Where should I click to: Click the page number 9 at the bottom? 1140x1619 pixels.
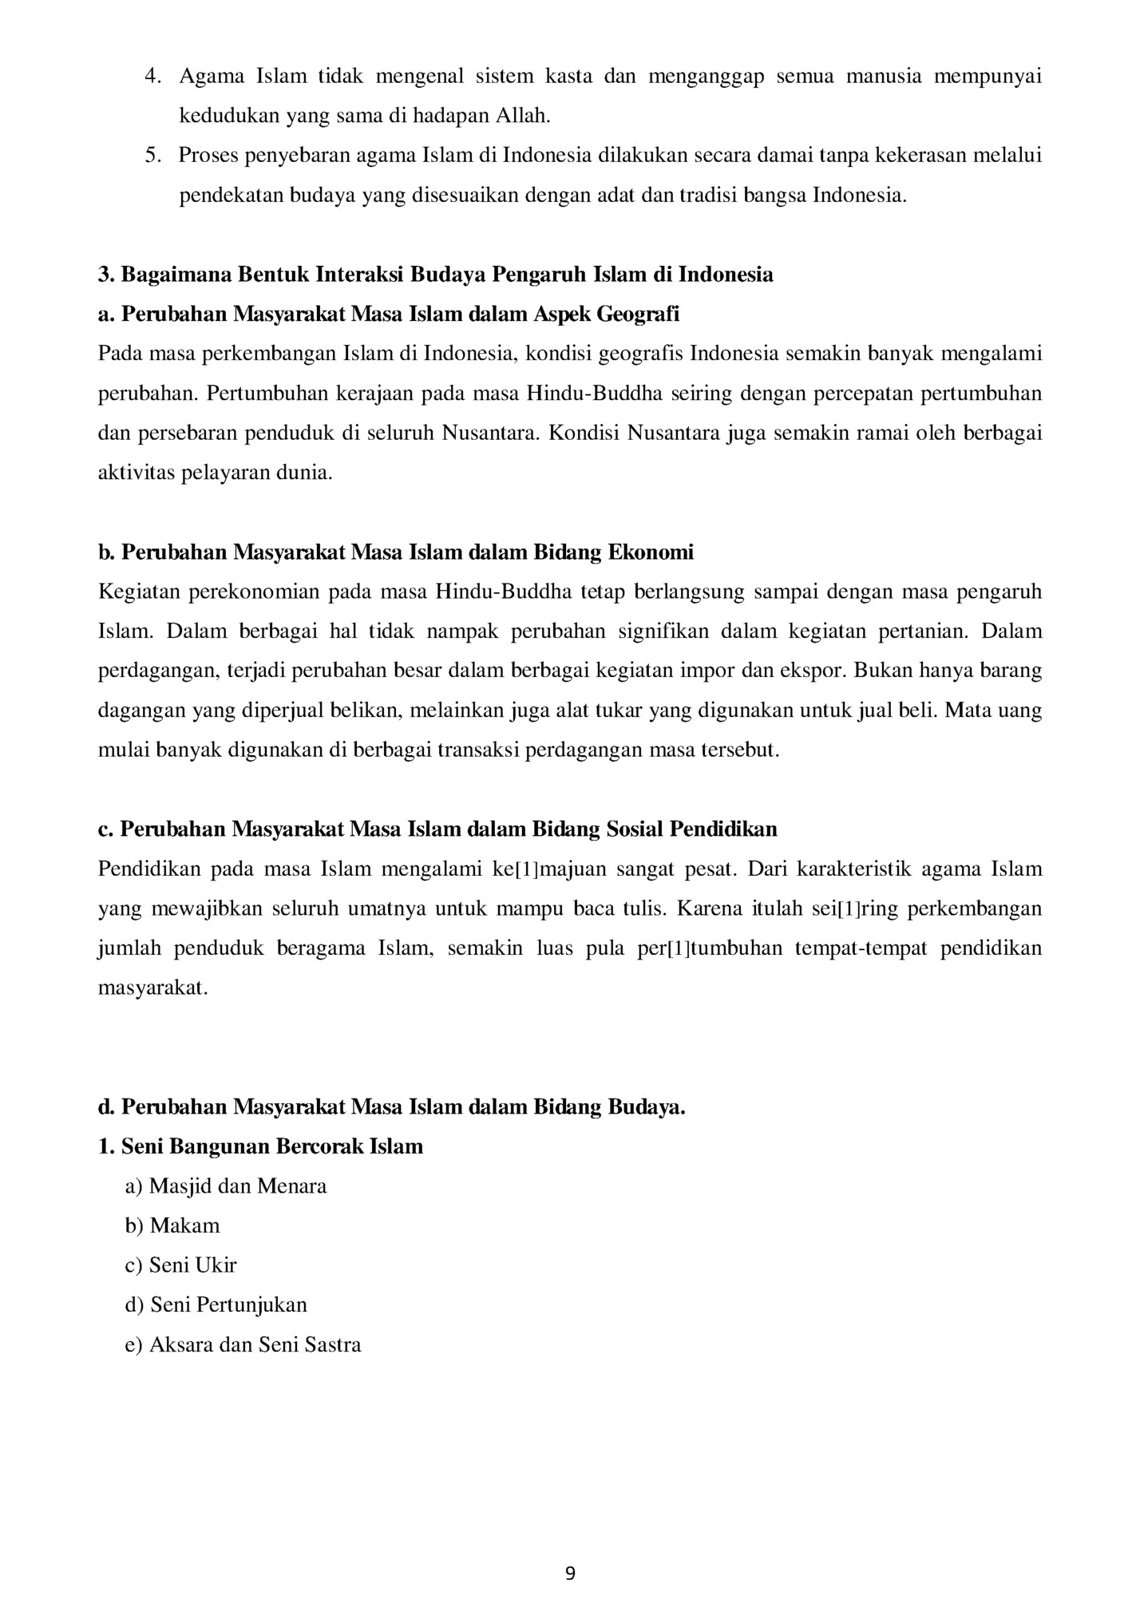[x=569, y=1573]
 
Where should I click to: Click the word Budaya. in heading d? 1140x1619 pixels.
[x=647, y=1108]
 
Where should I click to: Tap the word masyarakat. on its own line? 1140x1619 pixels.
[x=152, y=988]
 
